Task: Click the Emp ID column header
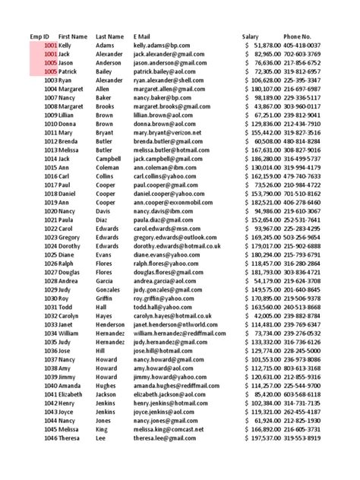click(x=39, y=36)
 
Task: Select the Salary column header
click(x=251, y=36)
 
